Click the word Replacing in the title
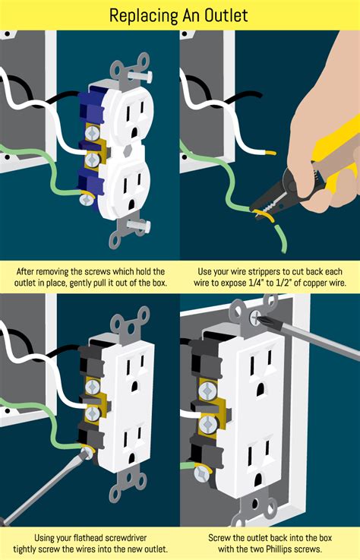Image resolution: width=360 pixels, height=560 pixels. click(144, 14)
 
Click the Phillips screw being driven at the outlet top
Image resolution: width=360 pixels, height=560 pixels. click(256, 314)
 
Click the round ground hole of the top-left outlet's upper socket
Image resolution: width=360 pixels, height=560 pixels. click(134, 130)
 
